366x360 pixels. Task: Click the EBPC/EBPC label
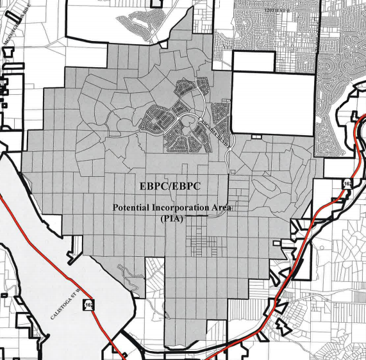(x=170, y=186)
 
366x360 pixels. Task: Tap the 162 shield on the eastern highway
(x=347, y=184)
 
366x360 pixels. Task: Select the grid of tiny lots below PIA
(x=204, y=246)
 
